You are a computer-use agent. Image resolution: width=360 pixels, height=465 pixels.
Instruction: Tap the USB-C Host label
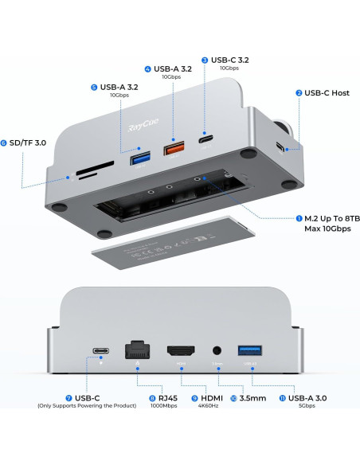pyautogui.click(x=327, y=93)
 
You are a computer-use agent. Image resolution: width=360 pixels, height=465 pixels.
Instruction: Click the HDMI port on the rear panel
pyautogui.click(x=182, y=351)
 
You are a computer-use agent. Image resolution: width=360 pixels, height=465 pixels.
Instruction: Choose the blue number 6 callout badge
pyautogui.click(x=5, y=143)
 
